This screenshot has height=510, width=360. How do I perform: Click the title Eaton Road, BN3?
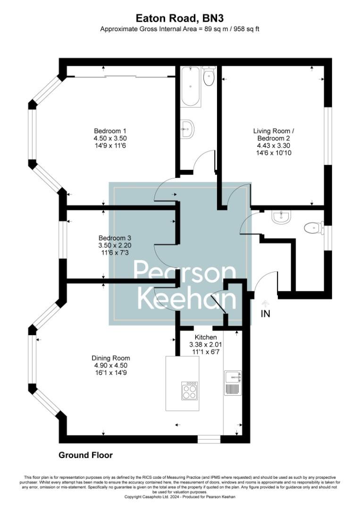pos(180,18)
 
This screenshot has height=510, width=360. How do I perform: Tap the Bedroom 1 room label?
pos(110,131)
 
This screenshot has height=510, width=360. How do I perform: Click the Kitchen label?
pos(206,337)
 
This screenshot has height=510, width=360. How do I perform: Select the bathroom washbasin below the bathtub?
pos(187,128)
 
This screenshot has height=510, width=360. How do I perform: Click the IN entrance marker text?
pos(266,314)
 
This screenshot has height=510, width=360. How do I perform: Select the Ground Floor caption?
pos(86,455)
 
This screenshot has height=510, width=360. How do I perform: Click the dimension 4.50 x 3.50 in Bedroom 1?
pos(110,138)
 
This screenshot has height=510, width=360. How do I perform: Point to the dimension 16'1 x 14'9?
pos(111,373)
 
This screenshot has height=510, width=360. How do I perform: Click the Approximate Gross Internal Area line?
pos(180,29)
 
